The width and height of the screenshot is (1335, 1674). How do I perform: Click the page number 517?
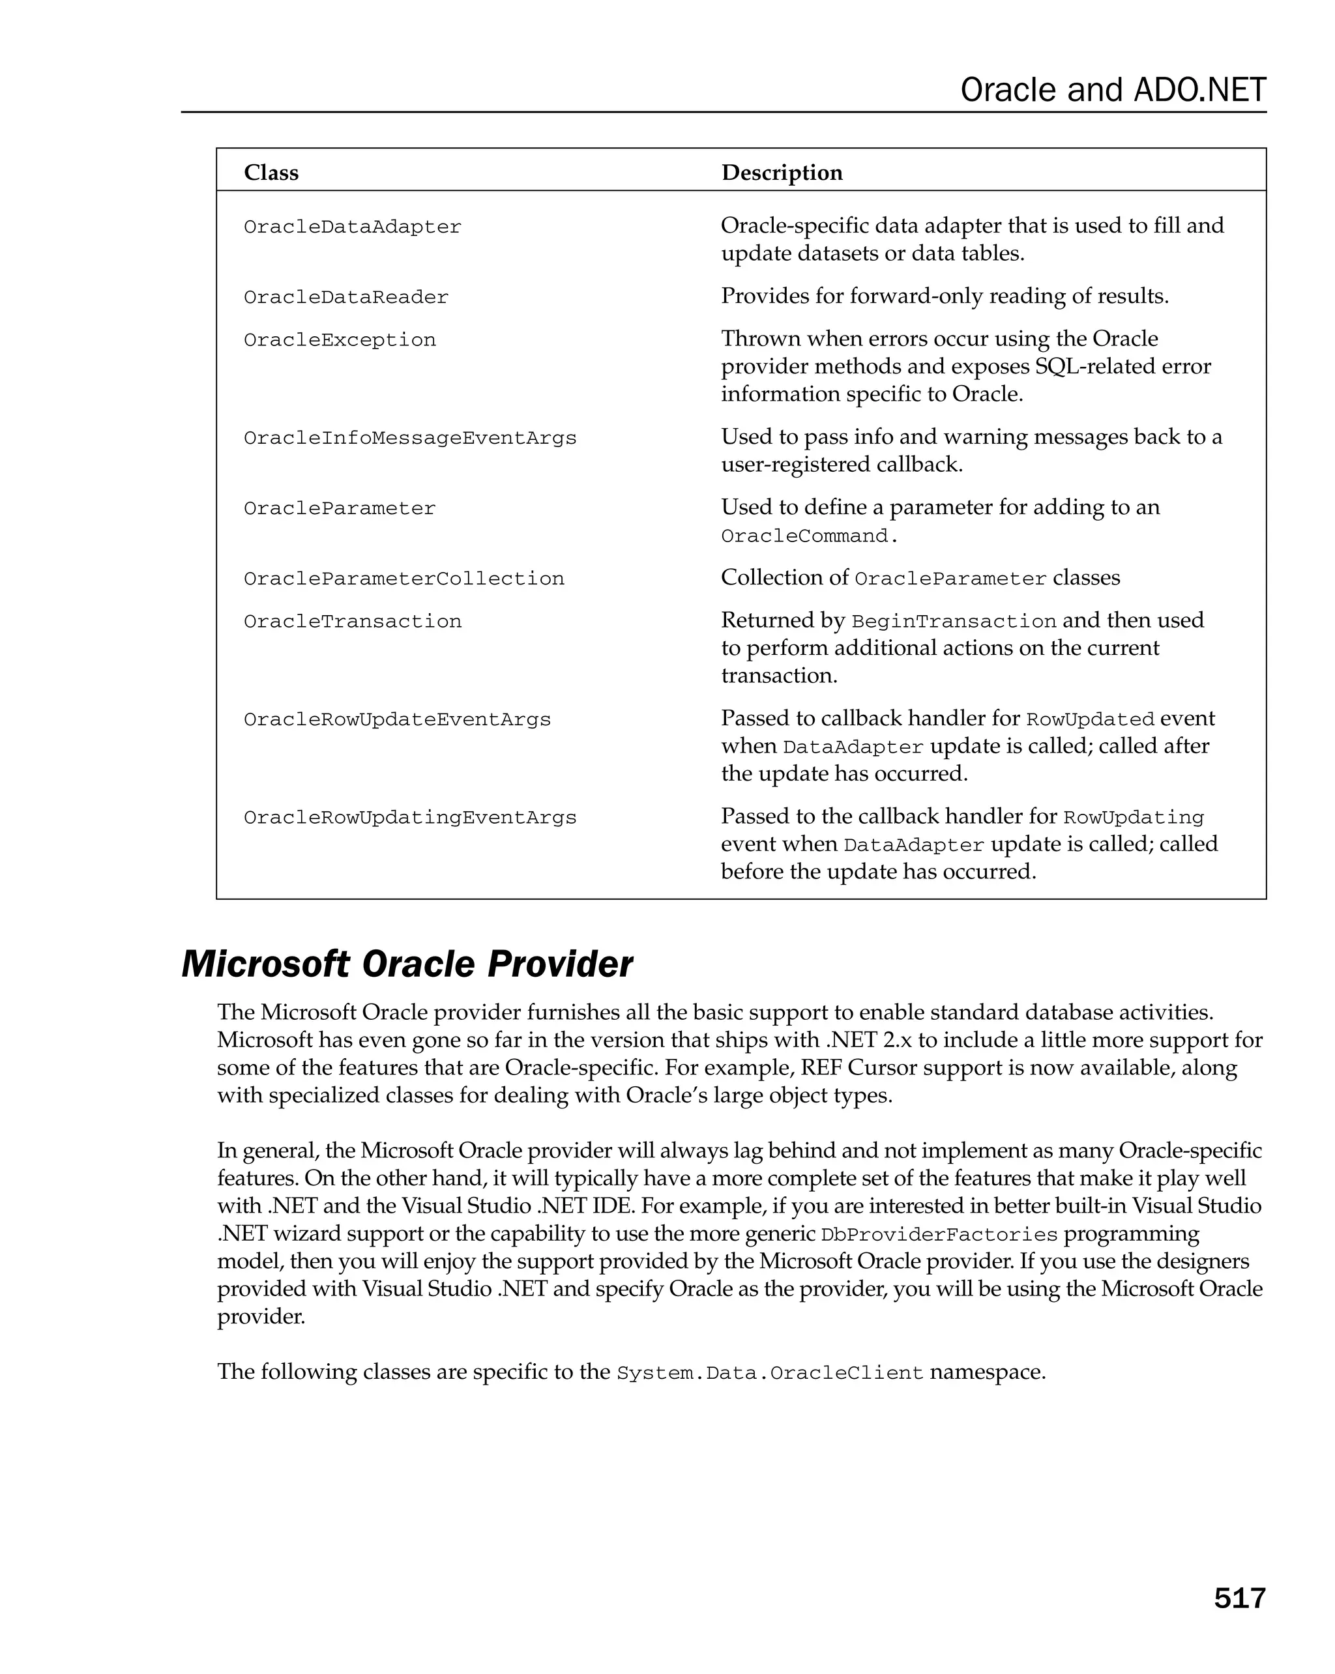1239,1598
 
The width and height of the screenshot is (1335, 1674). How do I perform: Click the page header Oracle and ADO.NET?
1112,90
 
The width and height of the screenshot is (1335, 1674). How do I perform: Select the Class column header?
271,173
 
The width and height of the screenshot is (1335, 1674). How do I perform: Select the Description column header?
782,173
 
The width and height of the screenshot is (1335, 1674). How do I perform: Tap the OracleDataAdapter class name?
353,227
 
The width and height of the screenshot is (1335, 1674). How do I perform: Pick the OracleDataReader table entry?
345,297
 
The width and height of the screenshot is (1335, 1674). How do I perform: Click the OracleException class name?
340,340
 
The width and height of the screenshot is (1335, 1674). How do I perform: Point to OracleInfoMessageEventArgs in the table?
410,438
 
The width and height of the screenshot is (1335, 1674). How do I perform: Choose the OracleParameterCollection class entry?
404,579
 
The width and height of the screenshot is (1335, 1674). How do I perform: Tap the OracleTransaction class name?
353,621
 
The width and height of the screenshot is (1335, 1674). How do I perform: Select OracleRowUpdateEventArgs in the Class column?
397,720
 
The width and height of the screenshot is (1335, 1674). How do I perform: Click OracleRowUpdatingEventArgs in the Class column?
410,818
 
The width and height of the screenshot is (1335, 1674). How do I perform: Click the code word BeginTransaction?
954,622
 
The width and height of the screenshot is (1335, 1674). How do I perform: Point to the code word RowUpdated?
1090,720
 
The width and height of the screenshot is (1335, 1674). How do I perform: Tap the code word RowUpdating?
1133,818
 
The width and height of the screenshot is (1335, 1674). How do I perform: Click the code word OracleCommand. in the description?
808,536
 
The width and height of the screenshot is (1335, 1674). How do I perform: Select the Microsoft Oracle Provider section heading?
407,964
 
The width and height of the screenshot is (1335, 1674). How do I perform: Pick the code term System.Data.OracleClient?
770,1374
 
